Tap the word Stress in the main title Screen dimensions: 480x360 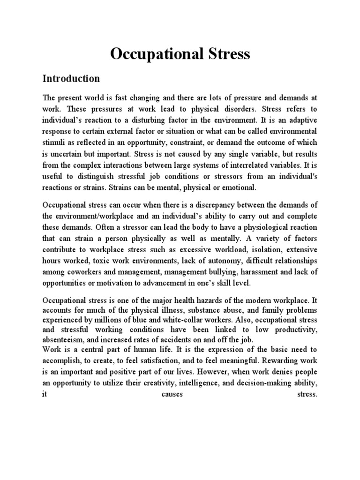coord(224,54)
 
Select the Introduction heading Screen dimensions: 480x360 coord(71,78)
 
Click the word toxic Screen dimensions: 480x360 coord(119,260)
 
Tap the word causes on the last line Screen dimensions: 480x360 coord(172,395)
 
